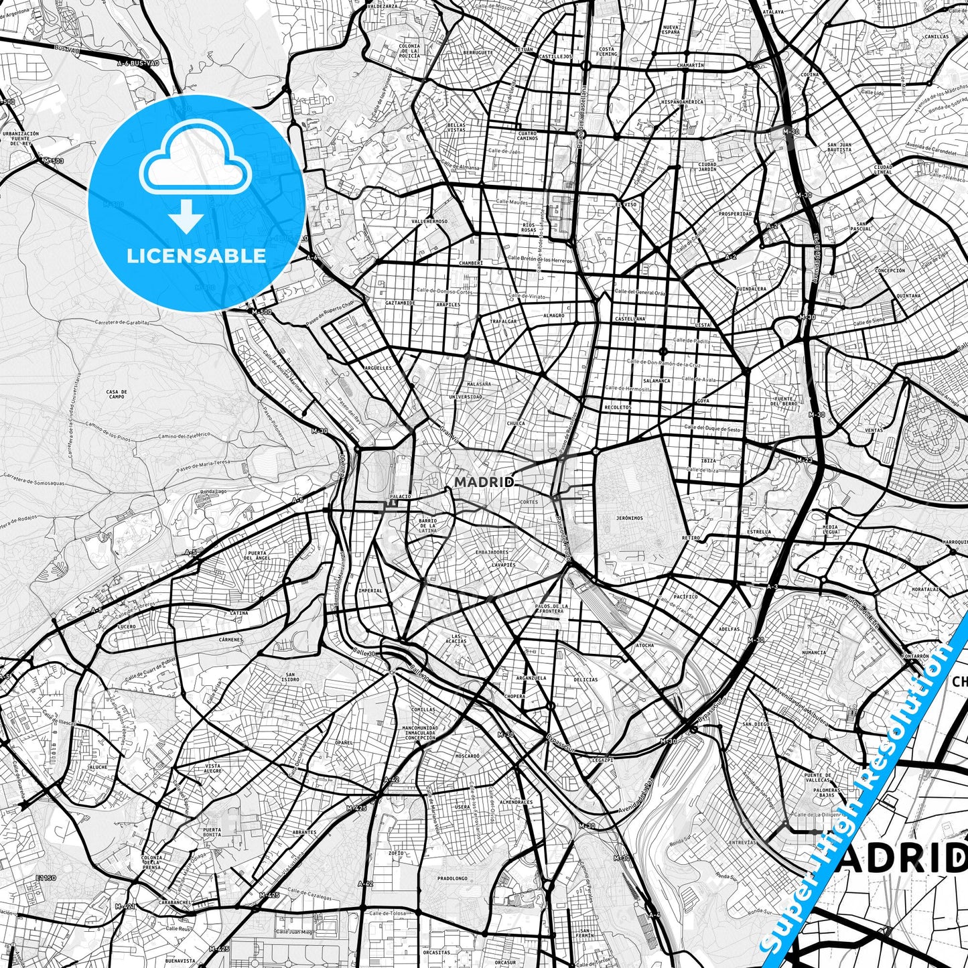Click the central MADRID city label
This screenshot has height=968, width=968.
484,482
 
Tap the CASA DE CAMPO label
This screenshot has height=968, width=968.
117,394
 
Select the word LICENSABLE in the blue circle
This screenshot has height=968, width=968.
197,255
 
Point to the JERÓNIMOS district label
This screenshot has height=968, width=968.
630,518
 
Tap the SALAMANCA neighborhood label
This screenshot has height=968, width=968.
656,381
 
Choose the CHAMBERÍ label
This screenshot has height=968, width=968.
471,263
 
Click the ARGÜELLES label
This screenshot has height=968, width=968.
377,368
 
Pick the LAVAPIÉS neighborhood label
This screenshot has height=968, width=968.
504,565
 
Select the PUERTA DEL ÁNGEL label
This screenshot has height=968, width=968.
258,556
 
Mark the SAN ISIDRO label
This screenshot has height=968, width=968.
291,677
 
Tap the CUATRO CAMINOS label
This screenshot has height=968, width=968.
527,135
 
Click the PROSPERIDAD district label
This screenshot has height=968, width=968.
735,214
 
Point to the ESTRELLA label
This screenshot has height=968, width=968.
759,532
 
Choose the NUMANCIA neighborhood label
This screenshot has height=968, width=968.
814,652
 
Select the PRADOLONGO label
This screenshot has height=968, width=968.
452,878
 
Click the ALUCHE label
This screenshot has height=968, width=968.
98,767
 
